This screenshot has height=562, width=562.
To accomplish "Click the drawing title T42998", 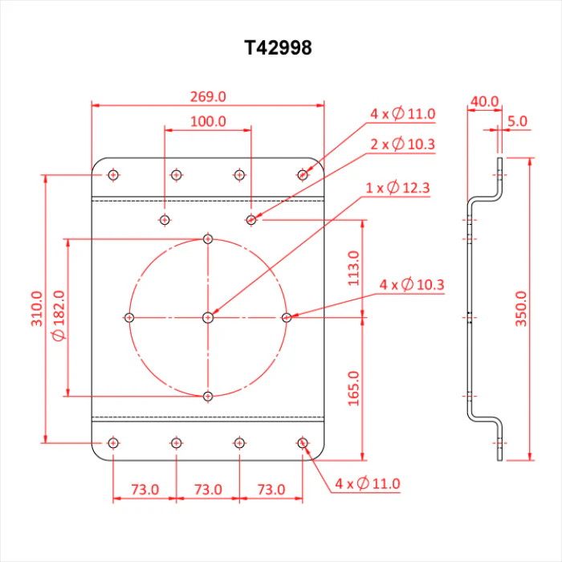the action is point(278,47).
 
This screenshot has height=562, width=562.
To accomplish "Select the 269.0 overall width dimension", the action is point(208,97).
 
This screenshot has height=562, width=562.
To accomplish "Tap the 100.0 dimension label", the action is point(208,121).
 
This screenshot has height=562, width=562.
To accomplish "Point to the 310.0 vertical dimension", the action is point(37,308).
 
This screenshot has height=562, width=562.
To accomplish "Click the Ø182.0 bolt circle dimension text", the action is point(59,316).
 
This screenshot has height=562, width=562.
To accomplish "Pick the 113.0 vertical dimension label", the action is point(353,268).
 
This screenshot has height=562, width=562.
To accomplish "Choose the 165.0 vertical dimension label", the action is point(353,389).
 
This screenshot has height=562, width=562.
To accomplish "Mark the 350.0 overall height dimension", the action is point(521,308).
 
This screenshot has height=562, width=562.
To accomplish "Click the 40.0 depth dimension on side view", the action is point(484,101).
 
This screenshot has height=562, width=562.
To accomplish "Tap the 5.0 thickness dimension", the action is point(517,121).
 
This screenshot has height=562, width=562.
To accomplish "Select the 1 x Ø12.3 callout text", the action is point(397,188).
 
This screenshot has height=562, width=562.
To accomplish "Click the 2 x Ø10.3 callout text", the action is point(402,144).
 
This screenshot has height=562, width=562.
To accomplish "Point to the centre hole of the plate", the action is point(208,318).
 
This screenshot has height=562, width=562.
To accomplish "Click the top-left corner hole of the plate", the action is point(113,175).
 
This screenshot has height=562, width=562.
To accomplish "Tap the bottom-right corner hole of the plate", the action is point(303,443).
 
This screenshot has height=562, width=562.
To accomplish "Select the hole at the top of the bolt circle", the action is point(208,238).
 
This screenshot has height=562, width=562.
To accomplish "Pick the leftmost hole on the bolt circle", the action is point(129,318).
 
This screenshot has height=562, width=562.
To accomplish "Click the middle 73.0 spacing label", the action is point(208,489).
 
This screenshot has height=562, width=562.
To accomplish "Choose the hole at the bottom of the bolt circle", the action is point(208,397).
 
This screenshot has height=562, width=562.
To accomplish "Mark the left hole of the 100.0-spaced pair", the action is point(165,220).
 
